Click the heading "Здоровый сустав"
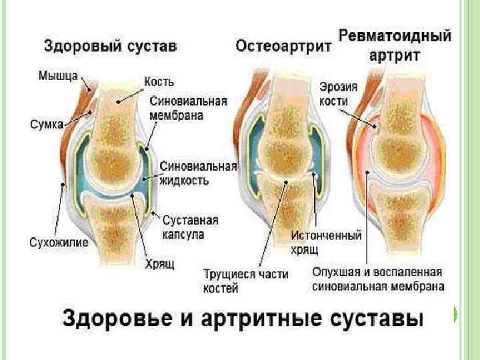(110, 46)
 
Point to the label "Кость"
(159, 82)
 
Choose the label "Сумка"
(47, 123)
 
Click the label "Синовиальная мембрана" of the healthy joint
(189, 108)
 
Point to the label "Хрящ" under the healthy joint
(160, 265)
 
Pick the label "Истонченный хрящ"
(327, 242)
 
